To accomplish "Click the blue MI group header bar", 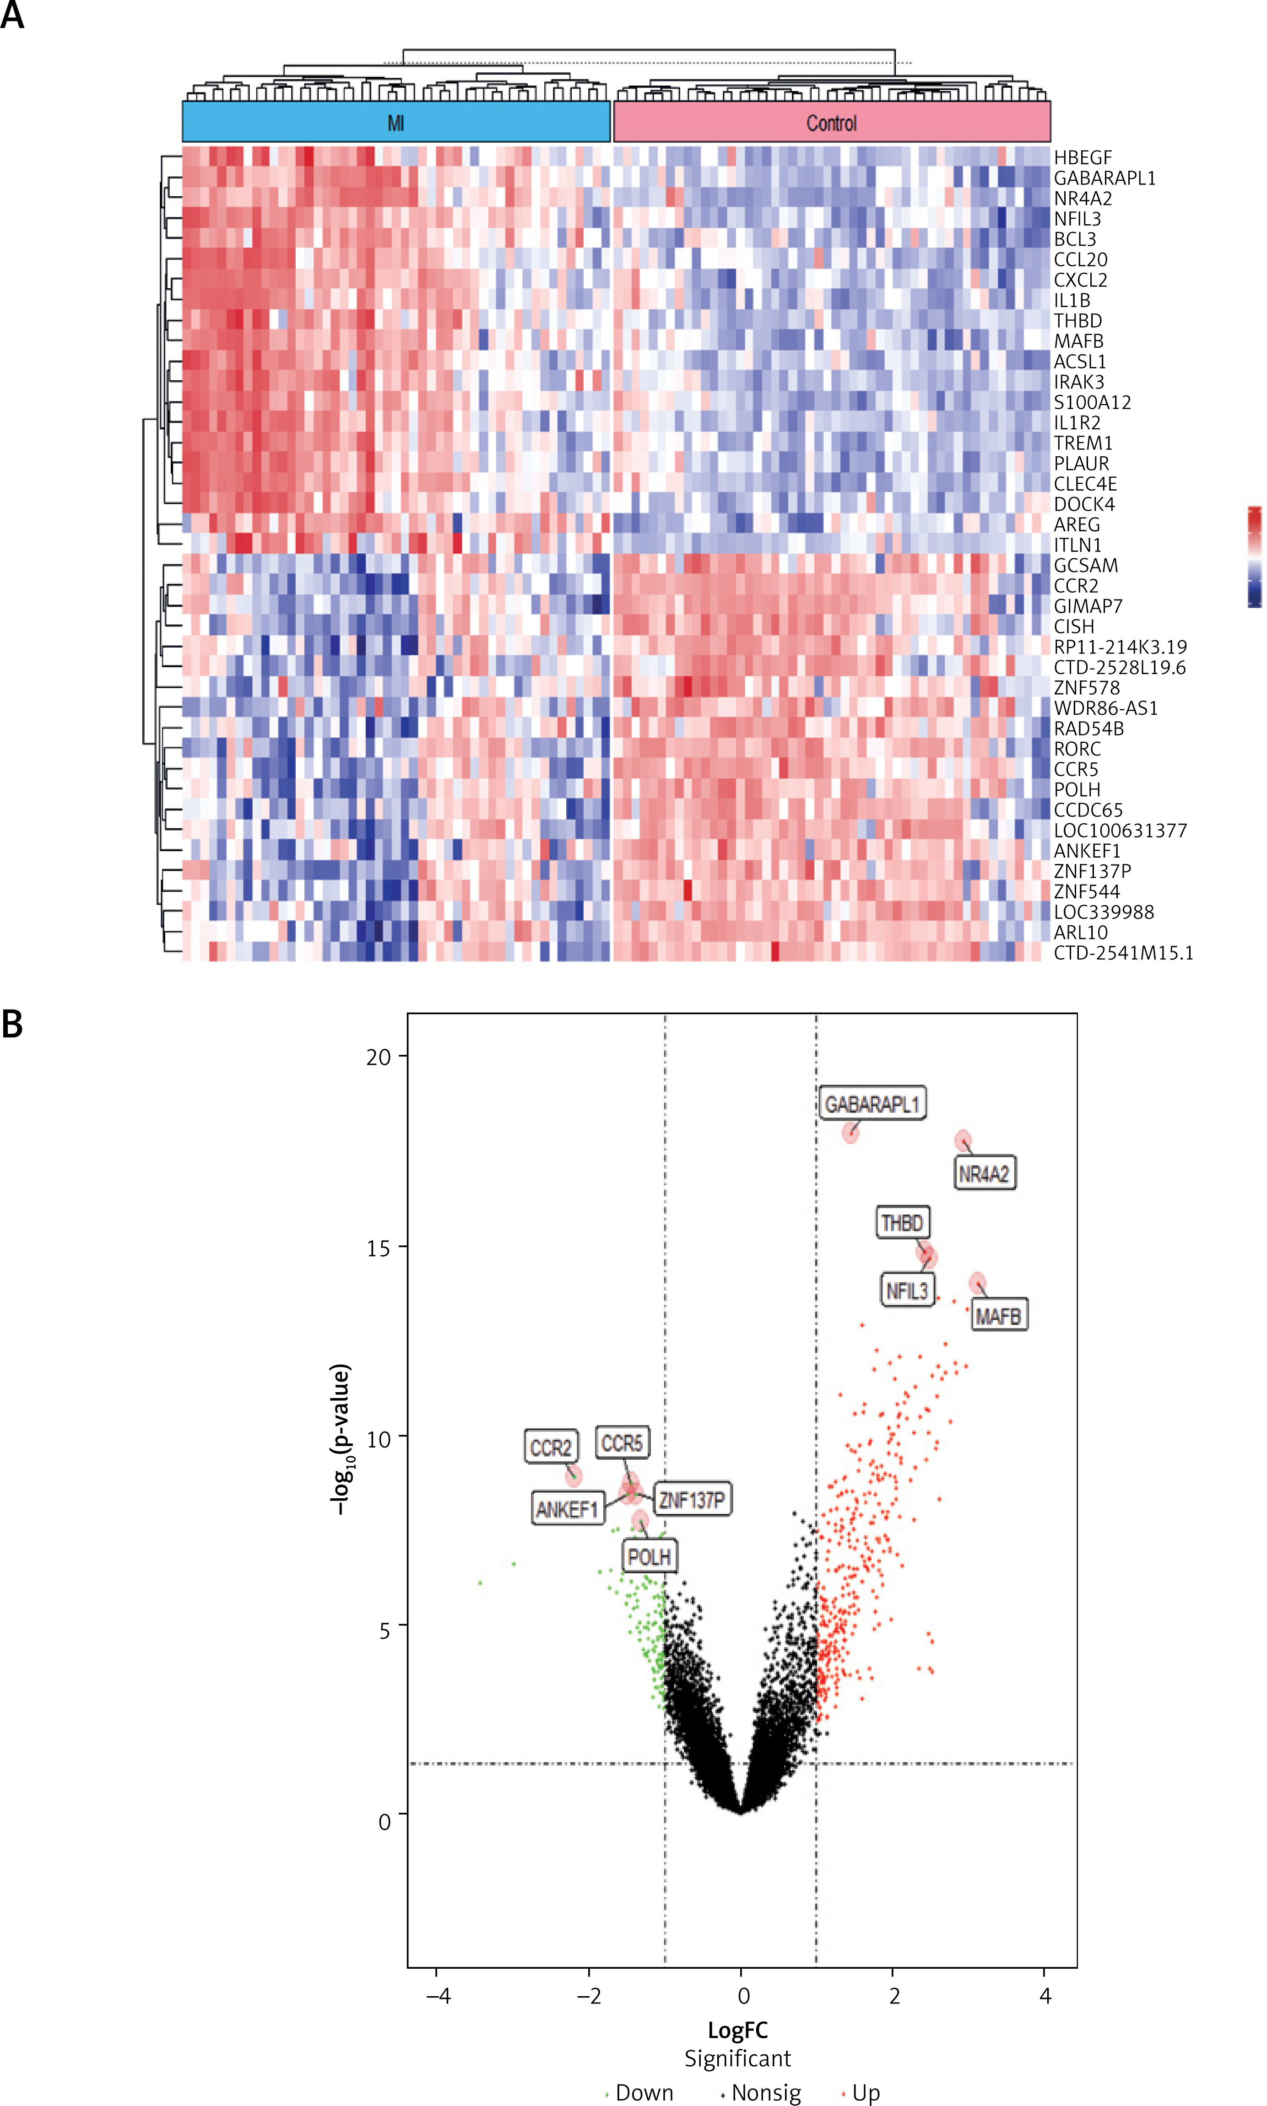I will [396, 122].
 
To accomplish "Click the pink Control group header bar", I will [832, 122].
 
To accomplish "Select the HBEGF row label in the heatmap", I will [1083, 158].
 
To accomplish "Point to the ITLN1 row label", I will [1077, 545].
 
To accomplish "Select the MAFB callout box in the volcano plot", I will [998, 1316].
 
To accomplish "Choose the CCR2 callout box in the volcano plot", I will [551, 1448].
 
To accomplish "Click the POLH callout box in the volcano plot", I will [649, 1557].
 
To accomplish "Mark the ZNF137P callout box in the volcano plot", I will [692, 1499].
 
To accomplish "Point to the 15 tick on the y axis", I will [378, 1247].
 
